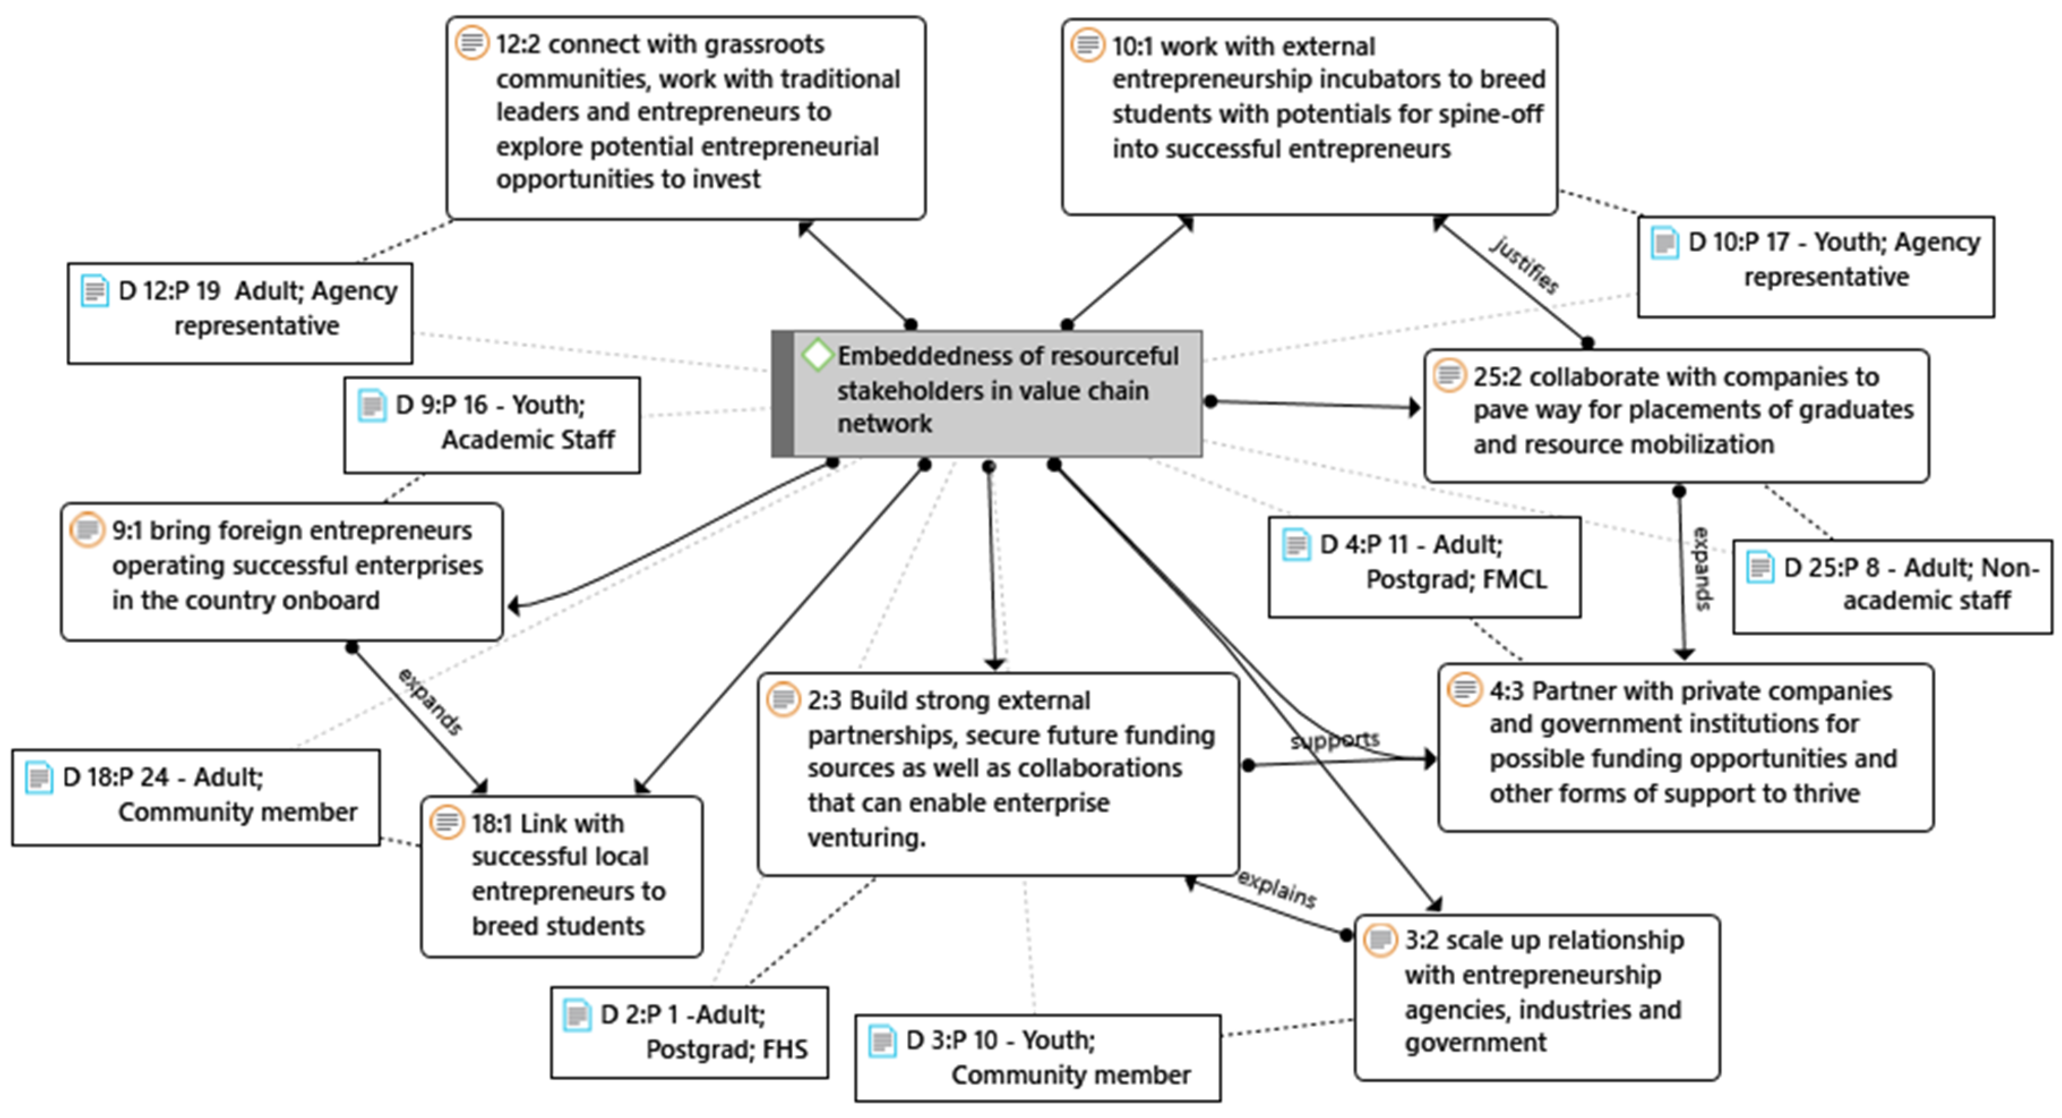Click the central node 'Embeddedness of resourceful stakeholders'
pos(986,393)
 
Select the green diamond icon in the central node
pos(817,355)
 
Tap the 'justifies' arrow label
pos(1524,265)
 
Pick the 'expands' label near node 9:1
pos(431,701)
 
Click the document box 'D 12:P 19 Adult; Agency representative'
pos(240,313)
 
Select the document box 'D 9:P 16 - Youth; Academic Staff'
pos(492,425)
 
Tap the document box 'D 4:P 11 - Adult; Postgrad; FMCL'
pos(1425,566)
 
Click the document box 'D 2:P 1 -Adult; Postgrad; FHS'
pos(689,1033)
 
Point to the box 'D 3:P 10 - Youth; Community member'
pos(1038,1058)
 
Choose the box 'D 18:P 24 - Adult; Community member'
pos(196,797)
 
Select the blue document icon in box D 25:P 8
pos(1759,567)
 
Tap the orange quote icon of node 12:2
pos(471,42)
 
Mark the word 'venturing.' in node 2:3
pos(866,838)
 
